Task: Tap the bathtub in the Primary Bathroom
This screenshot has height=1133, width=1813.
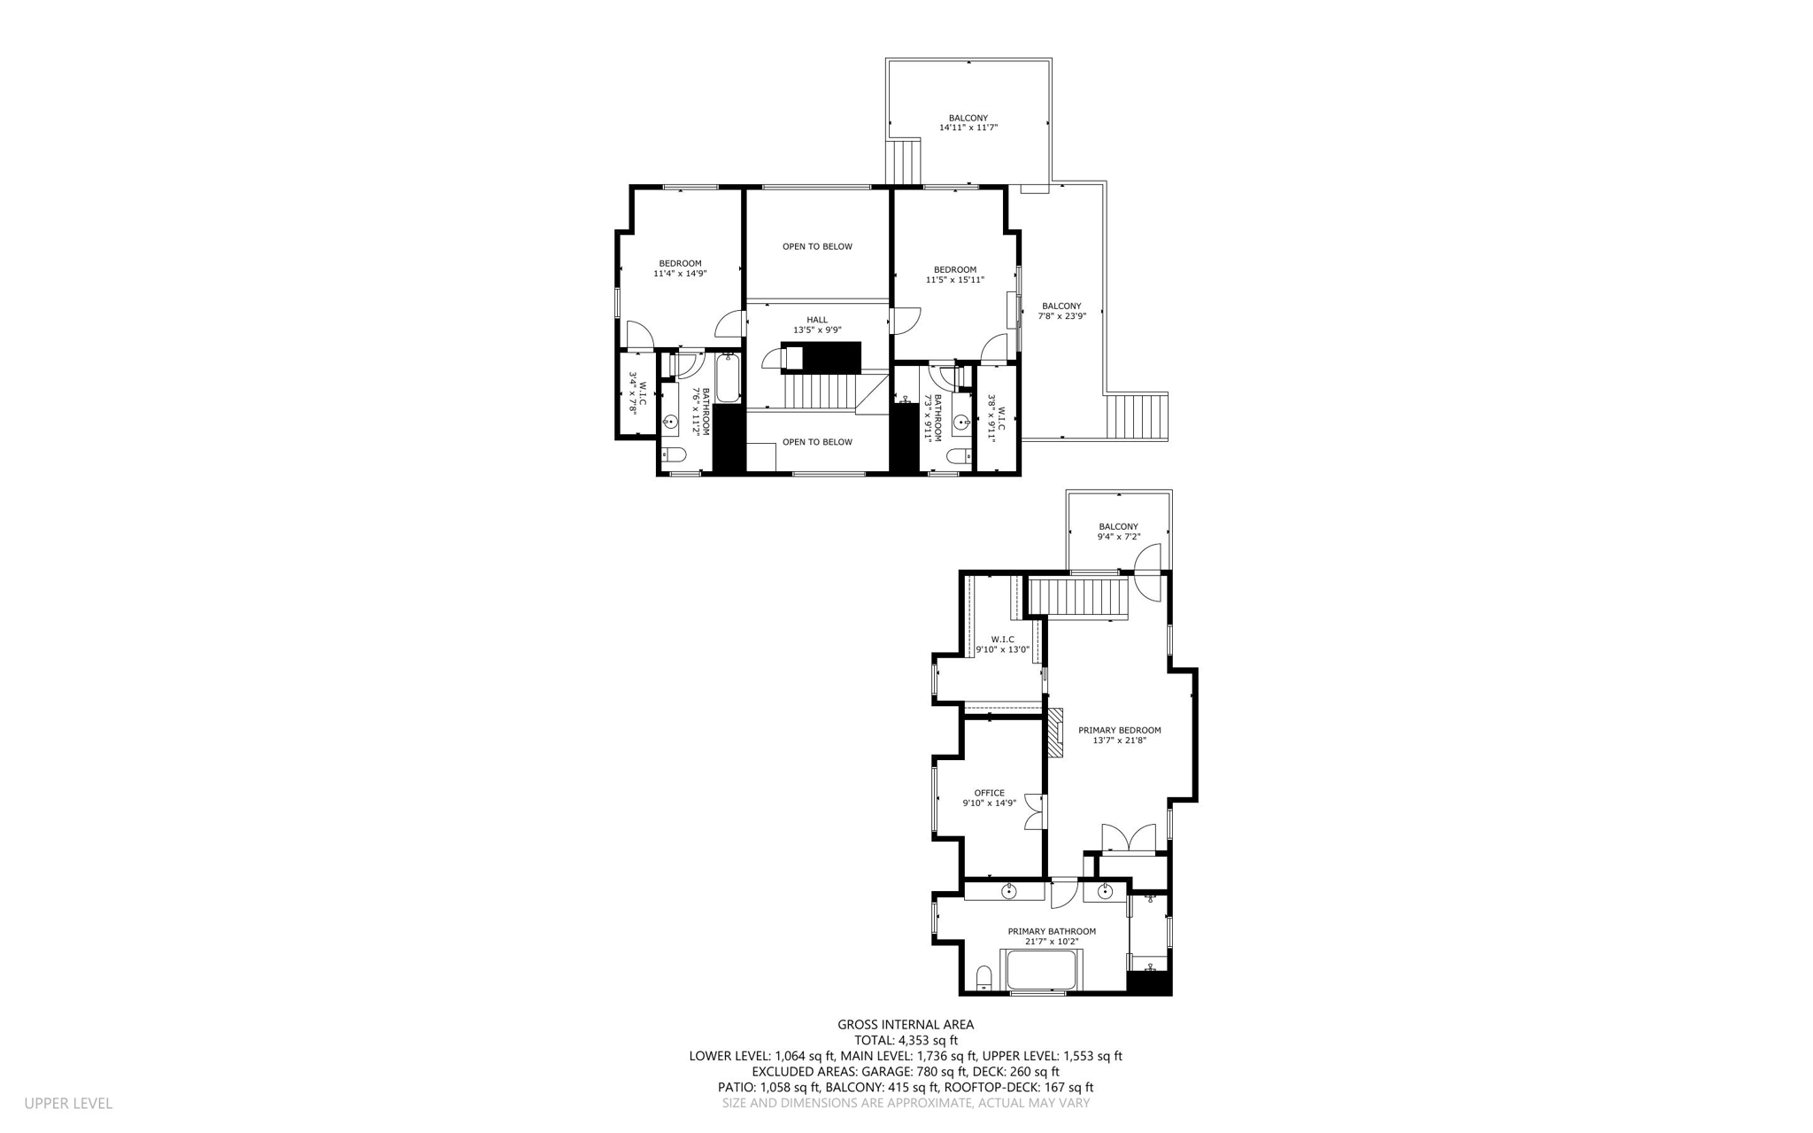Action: pyautogui.click(x=1041, y=971)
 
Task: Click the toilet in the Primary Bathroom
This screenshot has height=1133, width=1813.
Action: pyautogui.click(x=983, y=979)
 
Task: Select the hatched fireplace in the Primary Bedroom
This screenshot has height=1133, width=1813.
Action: pyautogui.click(x=1056, y=732)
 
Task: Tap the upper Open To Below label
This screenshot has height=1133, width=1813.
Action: pyautogui.click(x=816, y=246)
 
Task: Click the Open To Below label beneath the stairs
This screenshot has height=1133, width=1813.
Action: pyautogui.click(x=816, y=442)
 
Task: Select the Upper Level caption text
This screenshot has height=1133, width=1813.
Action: pyautogui.click(x=68, y=1103)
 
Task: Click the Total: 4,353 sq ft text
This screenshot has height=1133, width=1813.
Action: pyautogui.click(x=906, y=1041)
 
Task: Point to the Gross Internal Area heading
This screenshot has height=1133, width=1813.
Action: pyautogui.click(x=906, y=1025)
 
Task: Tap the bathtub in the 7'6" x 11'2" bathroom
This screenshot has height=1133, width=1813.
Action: pyautogui.click(x=728, y=377)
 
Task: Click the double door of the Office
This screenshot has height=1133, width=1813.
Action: pyautogui.click(x=1033, y=811)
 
